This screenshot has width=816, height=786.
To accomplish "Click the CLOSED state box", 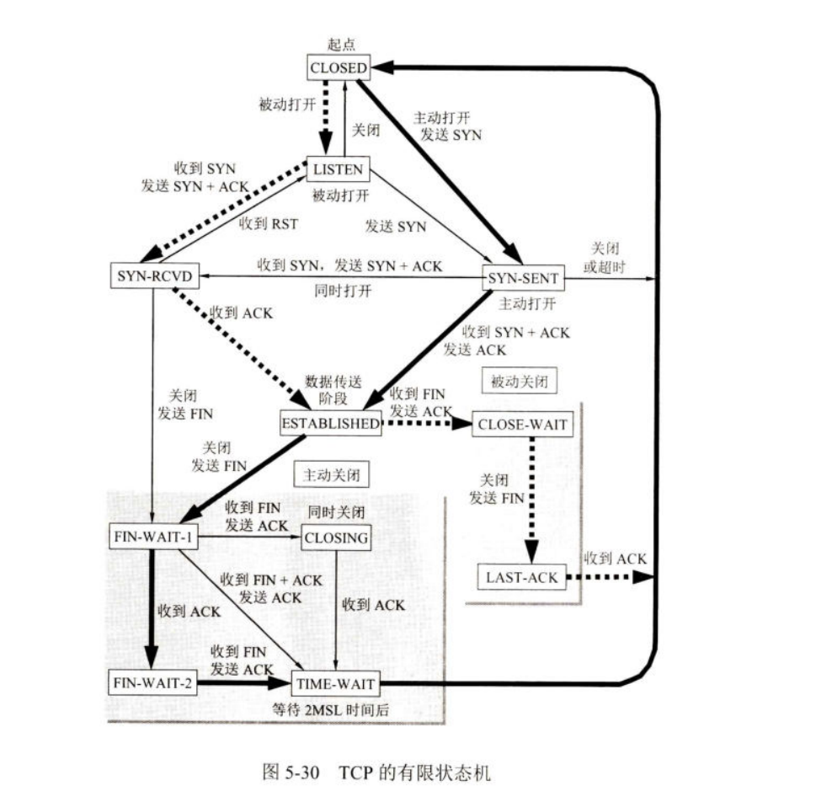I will (x=339, y=67).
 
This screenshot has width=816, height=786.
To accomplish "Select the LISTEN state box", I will (x=338, y=169).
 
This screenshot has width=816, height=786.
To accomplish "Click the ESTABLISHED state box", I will (x=331, y=424).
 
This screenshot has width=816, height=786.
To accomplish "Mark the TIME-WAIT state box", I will (x=334, y=683).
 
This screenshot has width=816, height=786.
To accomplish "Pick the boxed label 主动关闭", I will (x=331, y=475).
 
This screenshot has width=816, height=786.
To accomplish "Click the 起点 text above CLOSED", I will (x=339, y=44).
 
